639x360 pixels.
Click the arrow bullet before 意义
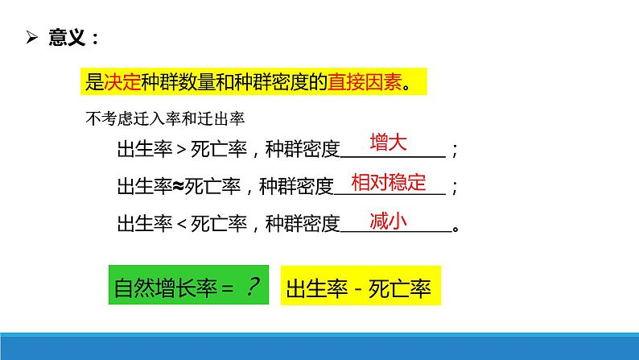click(31, 37)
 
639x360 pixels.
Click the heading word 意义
click(67, 38)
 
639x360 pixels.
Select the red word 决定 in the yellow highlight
click(122, 82)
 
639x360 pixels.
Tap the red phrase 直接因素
click(365, 82)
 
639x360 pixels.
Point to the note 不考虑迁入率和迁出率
click(165, 118)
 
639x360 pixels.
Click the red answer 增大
click(389, 143)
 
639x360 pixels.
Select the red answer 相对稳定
click(389, 182)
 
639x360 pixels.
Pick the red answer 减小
click(389, 221)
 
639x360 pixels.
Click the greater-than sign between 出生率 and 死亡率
click(182, 150)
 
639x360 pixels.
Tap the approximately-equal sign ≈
click(179, 187)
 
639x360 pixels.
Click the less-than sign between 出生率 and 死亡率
click(182, 224)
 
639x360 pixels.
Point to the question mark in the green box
click(253, 286)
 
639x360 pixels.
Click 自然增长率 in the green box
click(166, 288)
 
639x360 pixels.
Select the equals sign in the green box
click(228, 289)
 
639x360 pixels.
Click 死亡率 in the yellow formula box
click(399, 288)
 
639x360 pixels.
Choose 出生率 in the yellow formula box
click(316, 288)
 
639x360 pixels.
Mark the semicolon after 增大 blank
click(455, 150)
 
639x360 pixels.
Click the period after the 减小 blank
click(456, 229)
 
